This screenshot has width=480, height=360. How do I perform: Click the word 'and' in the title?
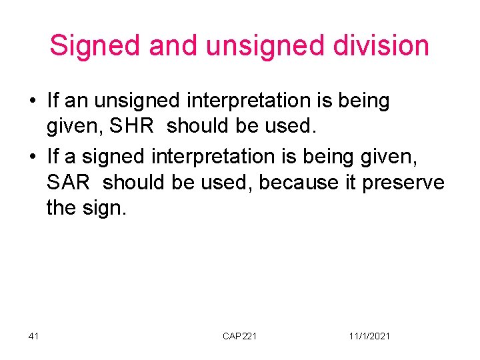(x=173, y=46)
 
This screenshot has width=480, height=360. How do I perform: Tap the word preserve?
(x=403, y=181)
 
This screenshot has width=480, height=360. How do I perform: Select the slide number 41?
(x=34, y=336)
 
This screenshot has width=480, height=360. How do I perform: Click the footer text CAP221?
(x=239, y=336)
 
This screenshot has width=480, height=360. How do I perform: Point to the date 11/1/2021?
(x=369, y=336)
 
